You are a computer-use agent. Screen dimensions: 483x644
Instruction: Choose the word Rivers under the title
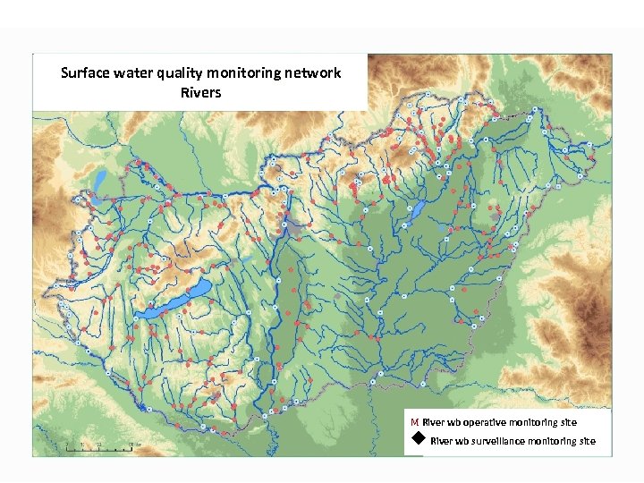pos(200,92)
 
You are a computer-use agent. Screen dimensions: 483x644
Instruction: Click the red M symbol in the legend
pos(415,422)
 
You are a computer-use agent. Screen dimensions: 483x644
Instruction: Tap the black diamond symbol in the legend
pos(418,439)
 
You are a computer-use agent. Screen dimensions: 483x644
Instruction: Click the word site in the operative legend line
pos(569,422)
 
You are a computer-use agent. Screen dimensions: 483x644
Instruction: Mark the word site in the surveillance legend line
pos(587,441)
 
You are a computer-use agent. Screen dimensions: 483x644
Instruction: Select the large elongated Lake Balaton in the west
pos(179,299)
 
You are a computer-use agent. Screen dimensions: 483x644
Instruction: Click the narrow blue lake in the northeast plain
pos(418,212)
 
